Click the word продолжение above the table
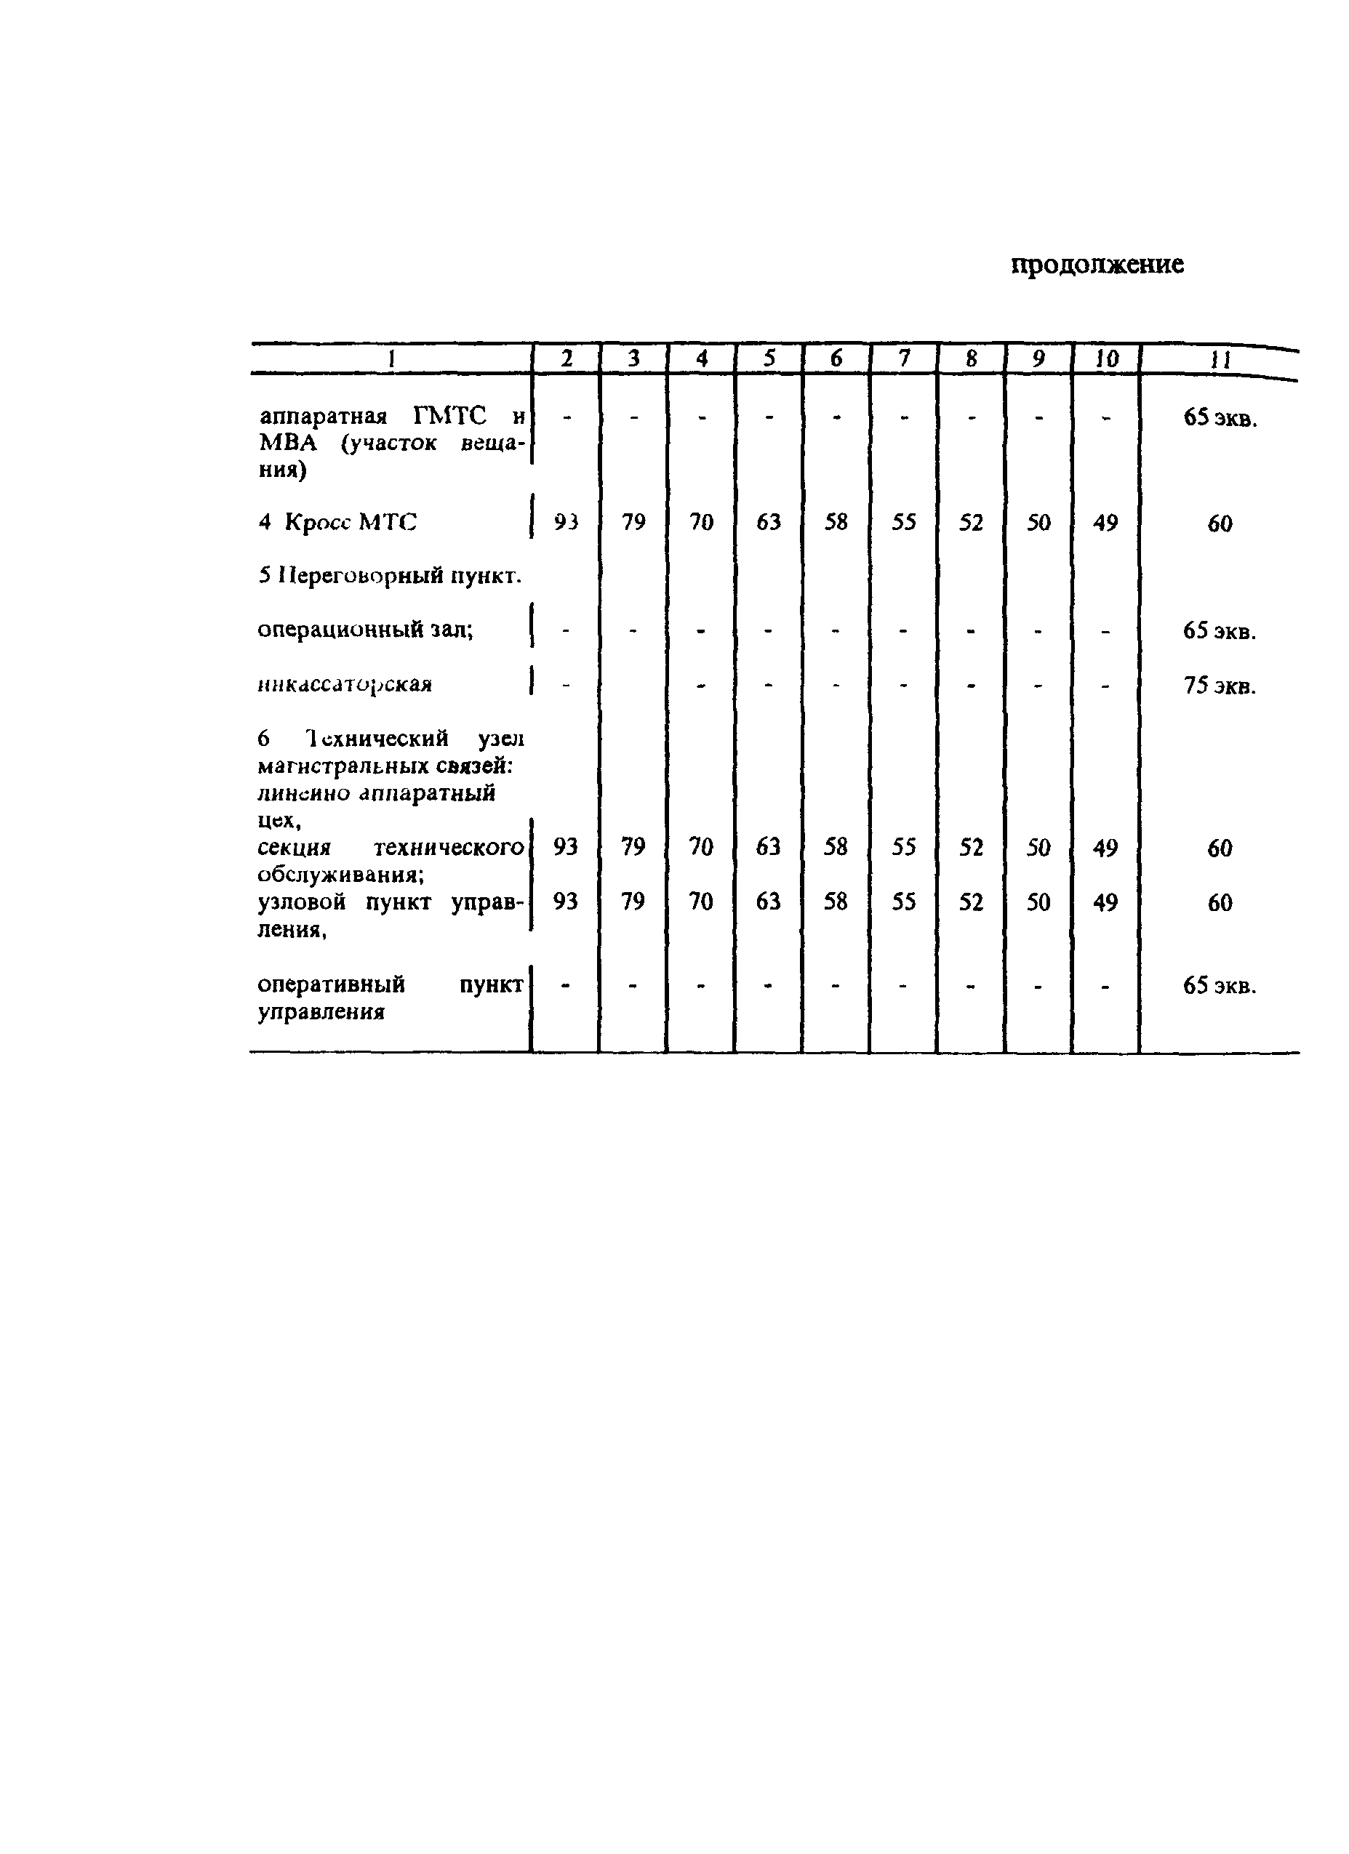tap(1097, 265)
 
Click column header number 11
tap(1219, 360)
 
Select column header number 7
tap(903, 358)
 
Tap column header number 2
tap(566, 358)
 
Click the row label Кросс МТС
tap(350, 521)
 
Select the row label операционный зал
tap(364, 630)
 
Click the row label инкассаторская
tap(344, 684)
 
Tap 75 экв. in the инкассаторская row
tap(1219, 685)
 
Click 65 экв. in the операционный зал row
tap(1219, 631)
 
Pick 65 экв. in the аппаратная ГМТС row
tap(1219, 419)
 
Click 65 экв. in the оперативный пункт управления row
tap(1219, 986)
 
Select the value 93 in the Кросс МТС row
tap(566, 521)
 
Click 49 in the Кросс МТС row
tap(1105, 521)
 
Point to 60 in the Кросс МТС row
tap(1219, 523)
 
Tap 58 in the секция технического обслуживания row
tap(836, 847)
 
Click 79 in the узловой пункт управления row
tap(633, 902)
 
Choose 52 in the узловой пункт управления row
tap(970, 902)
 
